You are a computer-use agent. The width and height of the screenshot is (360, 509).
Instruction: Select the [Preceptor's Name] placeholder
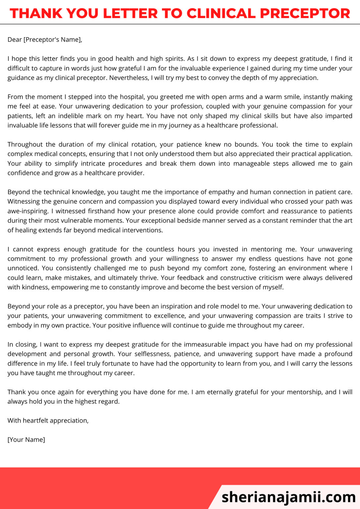[x=52, y=39]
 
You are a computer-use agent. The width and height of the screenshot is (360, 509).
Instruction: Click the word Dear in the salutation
[x=15, y=39]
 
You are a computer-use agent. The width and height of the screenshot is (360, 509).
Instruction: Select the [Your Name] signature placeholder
[x=26, y=440]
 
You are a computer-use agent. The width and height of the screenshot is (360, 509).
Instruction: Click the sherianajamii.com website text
[x=288, y=497]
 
